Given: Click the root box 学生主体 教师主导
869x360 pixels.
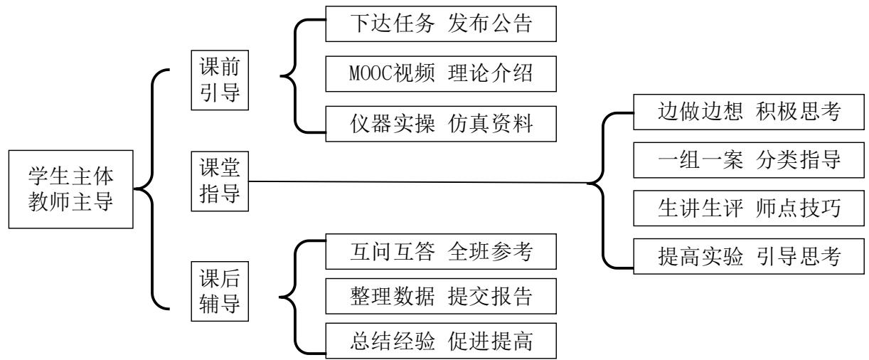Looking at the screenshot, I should tap(70, 189).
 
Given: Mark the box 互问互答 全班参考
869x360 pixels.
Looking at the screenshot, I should tap(438, 254).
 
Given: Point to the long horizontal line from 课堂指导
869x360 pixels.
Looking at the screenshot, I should tap(420, 181).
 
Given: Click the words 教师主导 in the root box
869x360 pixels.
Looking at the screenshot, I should tap(70, 201).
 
